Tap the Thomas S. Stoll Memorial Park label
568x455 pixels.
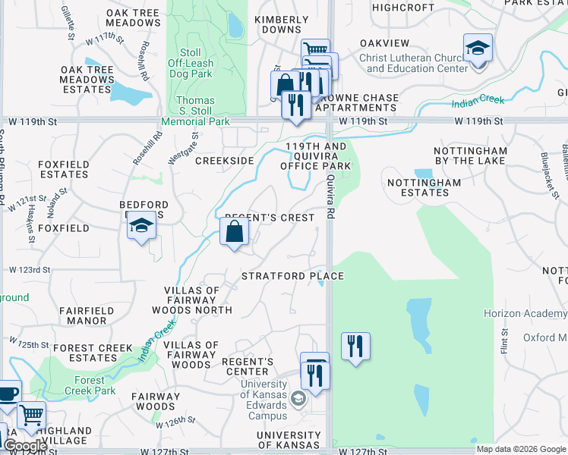195,111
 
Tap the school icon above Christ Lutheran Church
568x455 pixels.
478,48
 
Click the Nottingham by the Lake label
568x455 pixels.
470,155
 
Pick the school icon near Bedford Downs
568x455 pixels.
141,226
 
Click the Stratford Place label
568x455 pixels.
292,276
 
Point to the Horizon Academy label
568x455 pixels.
525,313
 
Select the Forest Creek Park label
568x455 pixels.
90,386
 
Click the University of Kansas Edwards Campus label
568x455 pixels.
264,400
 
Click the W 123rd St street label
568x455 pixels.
30,270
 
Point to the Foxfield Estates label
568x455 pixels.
64,168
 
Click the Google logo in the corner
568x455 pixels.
24,447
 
